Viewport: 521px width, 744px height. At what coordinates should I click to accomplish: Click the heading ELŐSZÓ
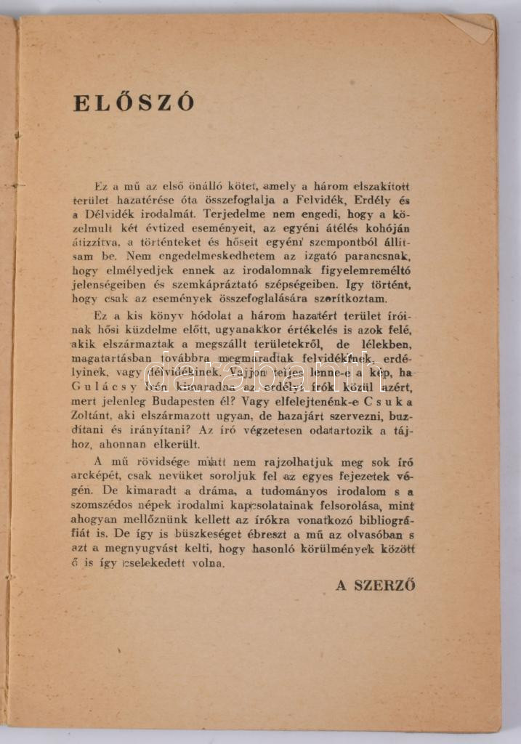(x=134, y=102)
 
